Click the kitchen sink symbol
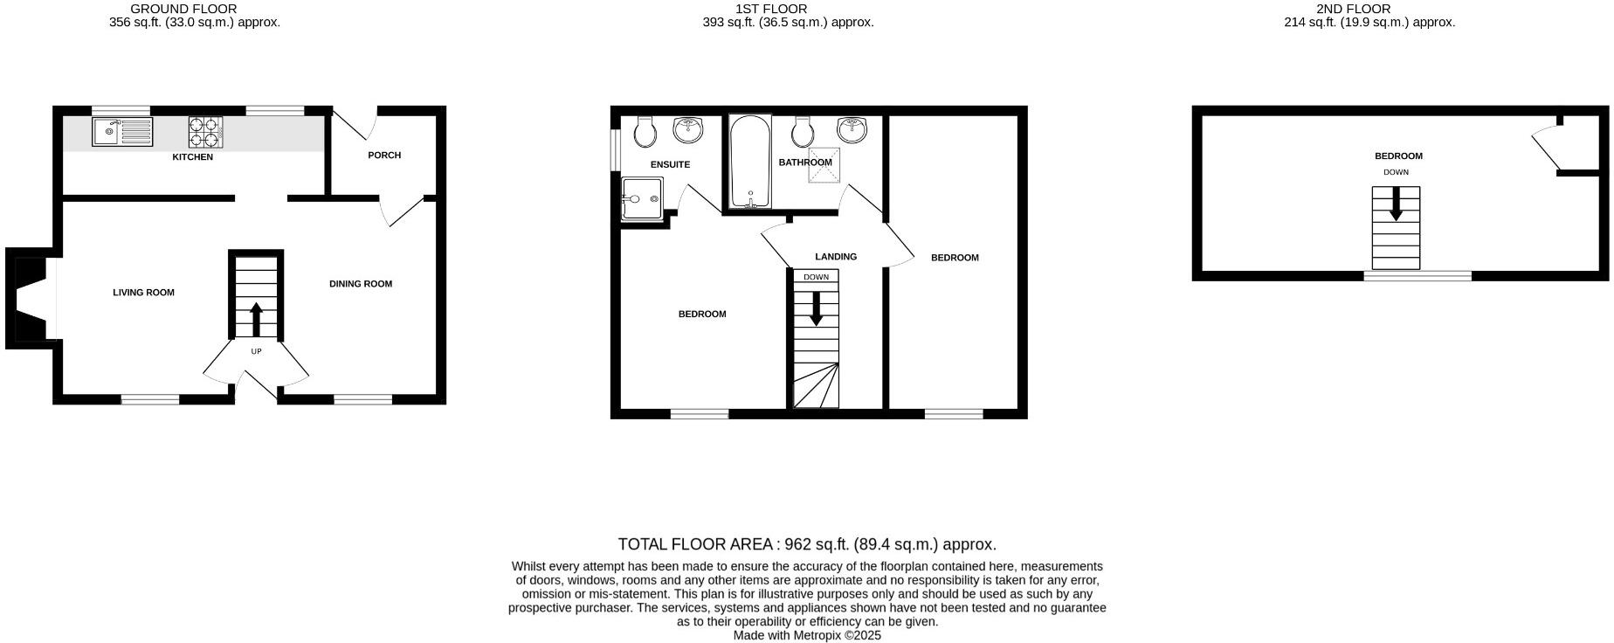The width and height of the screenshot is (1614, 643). click(x=121, y=132)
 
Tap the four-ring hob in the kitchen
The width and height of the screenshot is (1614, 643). click(x=205, y=132)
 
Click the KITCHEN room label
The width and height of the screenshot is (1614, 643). click(x=192, y=157)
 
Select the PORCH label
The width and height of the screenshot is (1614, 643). click(x=384, y=156)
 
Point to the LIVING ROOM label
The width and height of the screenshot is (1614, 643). click(x=143, y=293)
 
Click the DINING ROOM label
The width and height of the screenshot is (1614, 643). click(x=361, y=284)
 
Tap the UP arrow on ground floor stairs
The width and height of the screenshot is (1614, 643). click(x=256, y=319)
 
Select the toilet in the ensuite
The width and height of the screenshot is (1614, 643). click(x=645, y=131)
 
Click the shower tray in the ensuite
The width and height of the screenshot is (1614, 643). click(x=642, y=198)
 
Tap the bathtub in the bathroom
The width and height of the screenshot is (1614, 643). click(x=749, y=162)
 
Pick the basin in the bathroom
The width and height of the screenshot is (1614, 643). click(x=852, y=129)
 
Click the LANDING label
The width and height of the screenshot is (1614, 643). click(x=836, y=257)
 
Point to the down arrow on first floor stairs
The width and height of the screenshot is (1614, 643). click(x=816, y=308)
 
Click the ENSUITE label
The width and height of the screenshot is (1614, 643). click(x=671, y=164)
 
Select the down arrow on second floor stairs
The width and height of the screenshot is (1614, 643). click(x=1396, y=206)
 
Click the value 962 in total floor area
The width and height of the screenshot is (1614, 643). click(x=797, y=544)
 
